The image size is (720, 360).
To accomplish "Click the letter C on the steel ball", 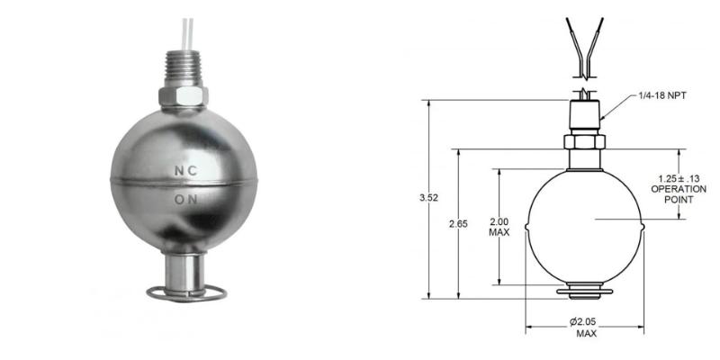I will tap(192, 169).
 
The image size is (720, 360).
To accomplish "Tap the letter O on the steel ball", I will tap(177, 199).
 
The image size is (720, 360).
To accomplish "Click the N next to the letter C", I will tap(177, 169).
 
